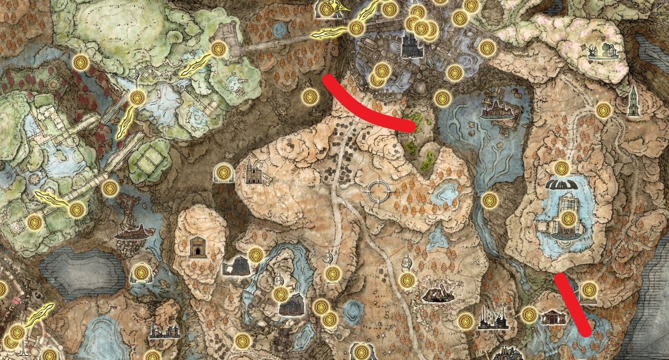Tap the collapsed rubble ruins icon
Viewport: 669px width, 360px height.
pos(439,294)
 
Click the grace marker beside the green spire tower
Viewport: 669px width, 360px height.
pos(603,109)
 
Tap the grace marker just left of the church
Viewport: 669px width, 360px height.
pos(223,172)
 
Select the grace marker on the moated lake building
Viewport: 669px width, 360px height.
pos(568,219)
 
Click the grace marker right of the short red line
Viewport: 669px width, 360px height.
pos(589,288)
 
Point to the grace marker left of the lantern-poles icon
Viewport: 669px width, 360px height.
pos(465,320)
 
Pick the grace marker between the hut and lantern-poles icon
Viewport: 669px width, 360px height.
pos(529,314)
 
